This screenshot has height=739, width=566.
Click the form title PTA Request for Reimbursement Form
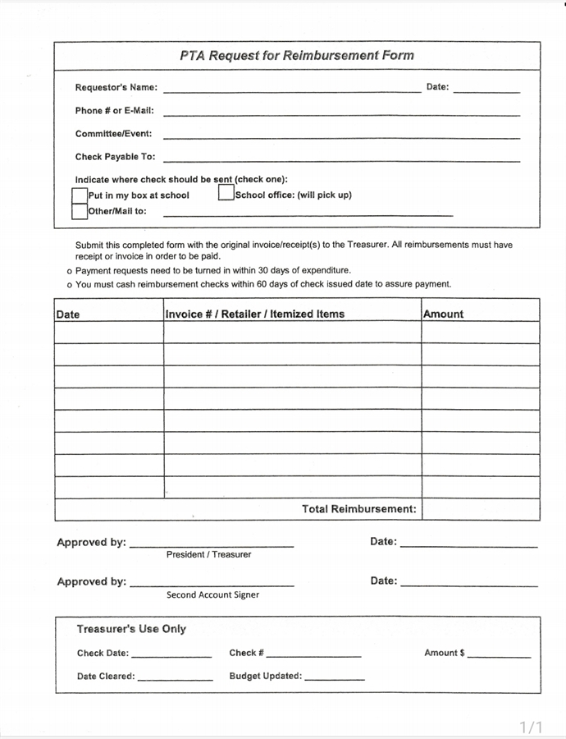tap(297, 56)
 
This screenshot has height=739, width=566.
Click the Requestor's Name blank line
tap(291, 90)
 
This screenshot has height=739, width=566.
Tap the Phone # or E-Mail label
tap(114, 111)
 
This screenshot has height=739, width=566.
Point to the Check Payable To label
tap(115, 157)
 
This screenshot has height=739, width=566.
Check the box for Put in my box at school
tap(80, 195)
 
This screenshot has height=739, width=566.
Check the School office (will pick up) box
tap(226, 195)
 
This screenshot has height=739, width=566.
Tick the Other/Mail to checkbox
tap(80, 211)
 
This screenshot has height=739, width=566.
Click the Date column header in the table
tap(68, 314)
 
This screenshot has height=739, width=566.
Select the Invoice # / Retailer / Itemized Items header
tap(255, 314)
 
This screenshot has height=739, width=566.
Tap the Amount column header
tap(444, 314)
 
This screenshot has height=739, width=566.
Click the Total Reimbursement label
tap(359, 509)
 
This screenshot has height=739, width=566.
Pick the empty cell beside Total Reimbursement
tap(481, 509)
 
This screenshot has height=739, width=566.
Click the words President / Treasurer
tap(208, 555)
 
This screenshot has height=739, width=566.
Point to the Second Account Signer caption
tap(212, 595)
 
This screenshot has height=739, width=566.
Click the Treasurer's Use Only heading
tap(131, 629)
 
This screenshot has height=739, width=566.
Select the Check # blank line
tap(313, 656)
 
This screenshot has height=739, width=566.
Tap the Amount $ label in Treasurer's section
tap(445, 654)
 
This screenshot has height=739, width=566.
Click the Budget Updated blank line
tap(334, 679)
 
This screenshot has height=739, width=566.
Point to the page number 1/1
tap(532, 727)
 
